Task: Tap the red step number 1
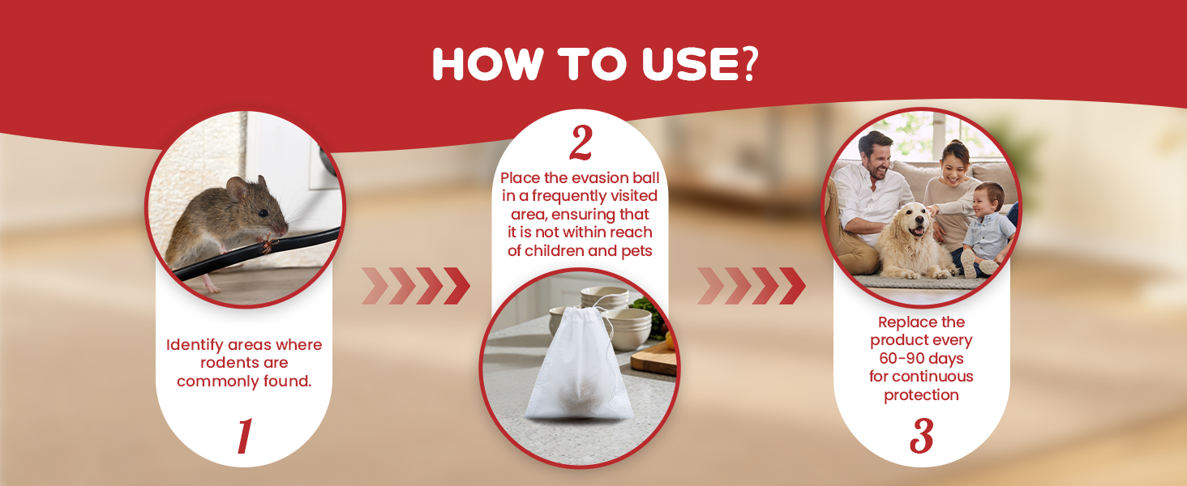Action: (x=244, y=436)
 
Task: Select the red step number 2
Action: (x=581, y=143)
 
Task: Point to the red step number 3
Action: (x=922, y=436)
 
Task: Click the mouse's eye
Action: (x=264, y=213)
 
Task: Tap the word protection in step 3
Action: (x=922, y=395)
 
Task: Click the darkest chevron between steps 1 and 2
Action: (x=456, y=286)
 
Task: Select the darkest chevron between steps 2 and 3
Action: (x=792, y=286)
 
